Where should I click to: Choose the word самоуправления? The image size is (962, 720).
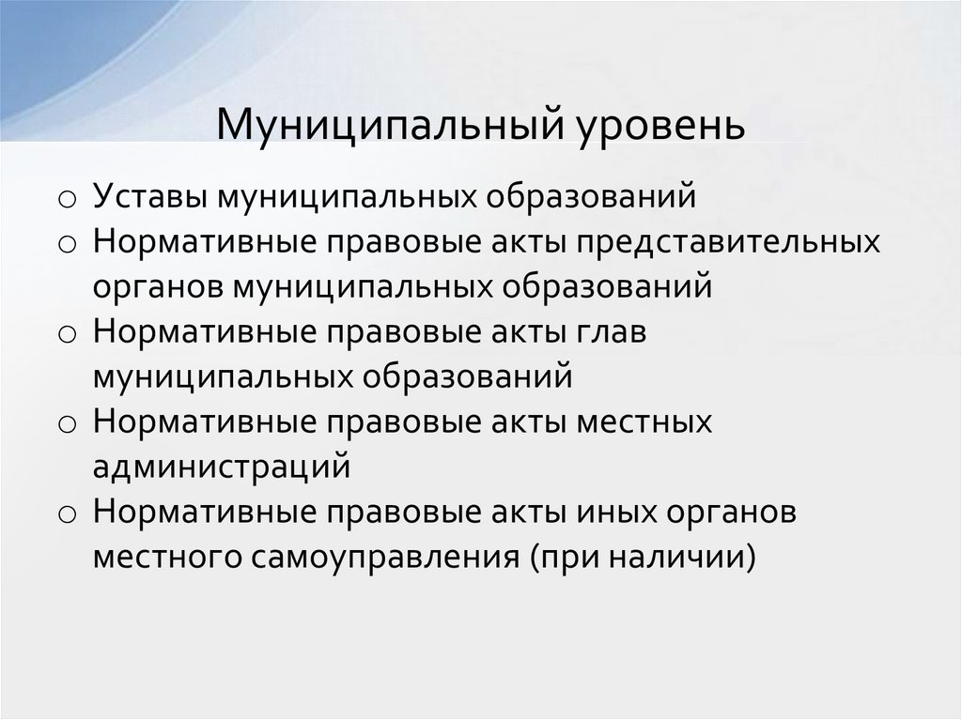pos(384,558)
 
